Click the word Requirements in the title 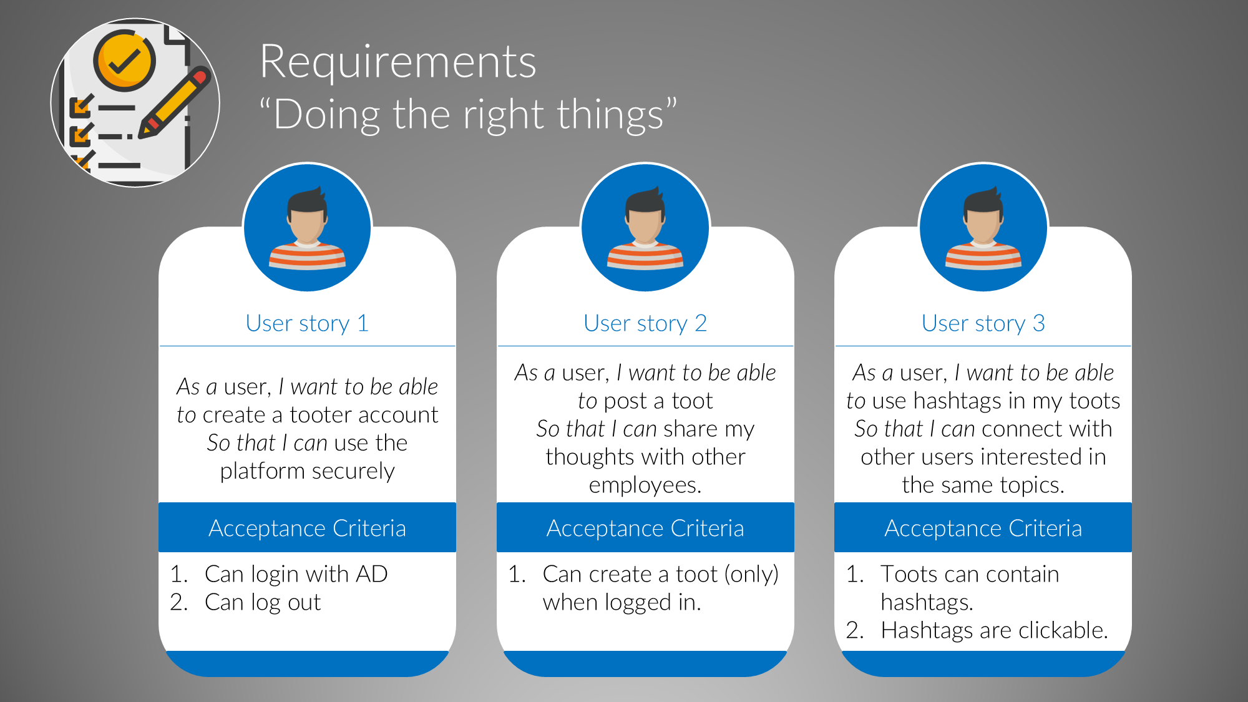click(x=398, y=62)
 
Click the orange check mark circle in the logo click(x=125, y=61)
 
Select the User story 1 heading click(x=307, y=323)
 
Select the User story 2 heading click(x=645, y=323)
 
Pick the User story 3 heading click(x=983, y=323)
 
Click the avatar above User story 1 click(x=308, y=227)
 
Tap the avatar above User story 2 click(x=645, y=227)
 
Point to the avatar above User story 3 click(x=983, y=227)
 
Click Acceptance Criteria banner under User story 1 click(x=307, y=528)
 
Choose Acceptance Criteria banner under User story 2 click(x=645, y=528)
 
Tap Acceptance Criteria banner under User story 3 click(x=983, y=528)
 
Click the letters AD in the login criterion click(x=372, y=574)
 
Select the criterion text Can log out click(x=263, y=602)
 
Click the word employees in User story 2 click(x=645, y=485)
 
